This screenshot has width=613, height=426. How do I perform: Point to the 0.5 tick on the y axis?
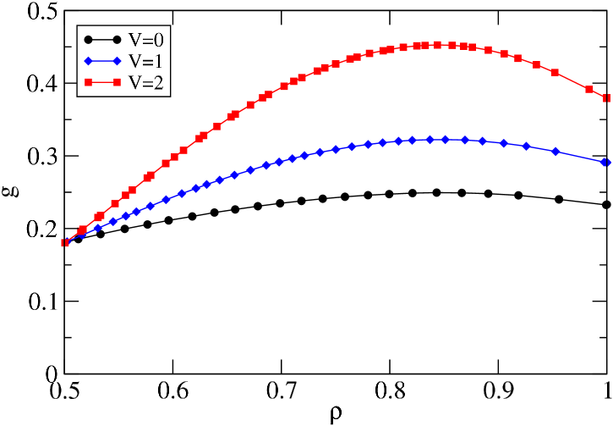pyautogui.click(x=43, y=13)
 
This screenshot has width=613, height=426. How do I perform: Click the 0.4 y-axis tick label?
pyautogui.click(x=43, y=85)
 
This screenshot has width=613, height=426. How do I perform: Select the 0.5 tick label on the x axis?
pyautogui.click(x=65, y=390)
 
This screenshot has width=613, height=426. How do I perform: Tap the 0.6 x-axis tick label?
pyautogui.click(x=174, y=390)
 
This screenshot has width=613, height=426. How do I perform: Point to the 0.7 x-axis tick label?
pyautogui.click(x=283, y=390)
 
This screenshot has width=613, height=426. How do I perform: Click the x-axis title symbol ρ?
pyautogui.click(x=336, y=415)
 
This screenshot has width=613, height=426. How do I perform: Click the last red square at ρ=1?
pyautogui.click(x=607, y=98)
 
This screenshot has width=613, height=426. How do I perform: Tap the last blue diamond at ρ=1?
pyautogui.click(x=606, y=162)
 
